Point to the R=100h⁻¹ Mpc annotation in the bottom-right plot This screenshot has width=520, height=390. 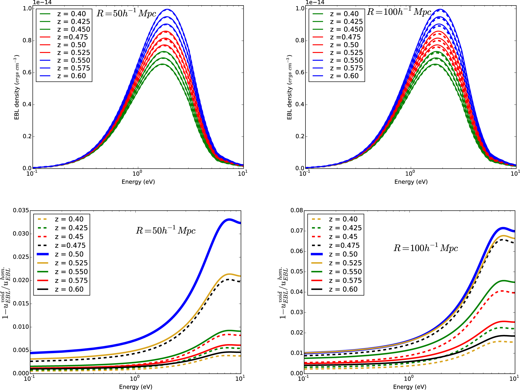(426, 248)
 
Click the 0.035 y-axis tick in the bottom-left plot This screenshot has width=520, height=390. (21, 210)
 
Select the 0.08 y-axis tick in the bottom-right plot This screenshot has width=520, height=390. (297, 210)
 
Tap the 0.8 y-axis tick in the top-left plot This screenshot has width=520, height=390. (27, 41)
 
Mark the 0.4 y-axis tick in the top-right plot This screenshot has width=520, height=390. (300, 104)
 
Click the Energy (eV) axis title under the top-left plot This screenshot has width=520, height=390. (138, 182)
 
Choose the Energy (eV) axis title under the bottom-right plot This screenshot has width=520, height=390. (410, 387)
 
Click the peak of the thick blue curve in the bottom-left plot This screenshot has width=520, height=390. (229, 220)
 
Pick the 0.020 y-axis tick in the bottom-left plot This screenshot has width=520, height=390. (21, 280)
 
